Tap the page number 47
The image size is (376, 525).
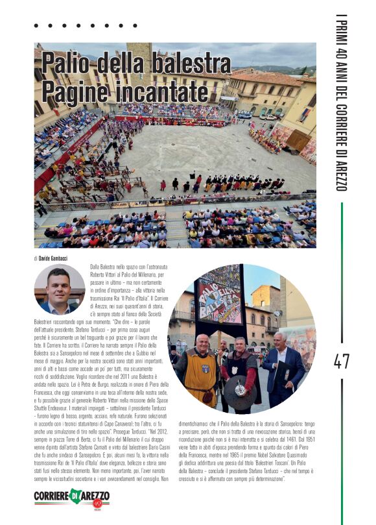pyautogui.click(x=342, y=361)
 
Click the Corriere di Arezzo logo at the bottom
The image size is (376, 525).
pyautogui.click(x=71, y=497)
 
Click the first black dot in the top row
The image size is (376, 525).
pyautogui.click(x=37, y=26)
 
